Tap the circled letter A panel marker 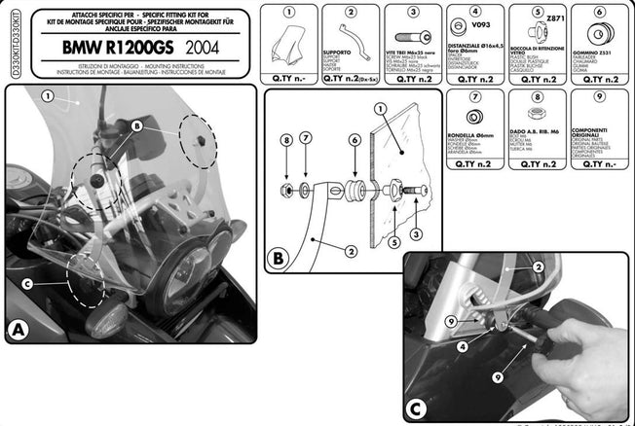point(17,332)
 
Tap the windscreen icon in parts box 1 point(288,45)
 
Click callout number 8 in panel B point(285,141)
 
